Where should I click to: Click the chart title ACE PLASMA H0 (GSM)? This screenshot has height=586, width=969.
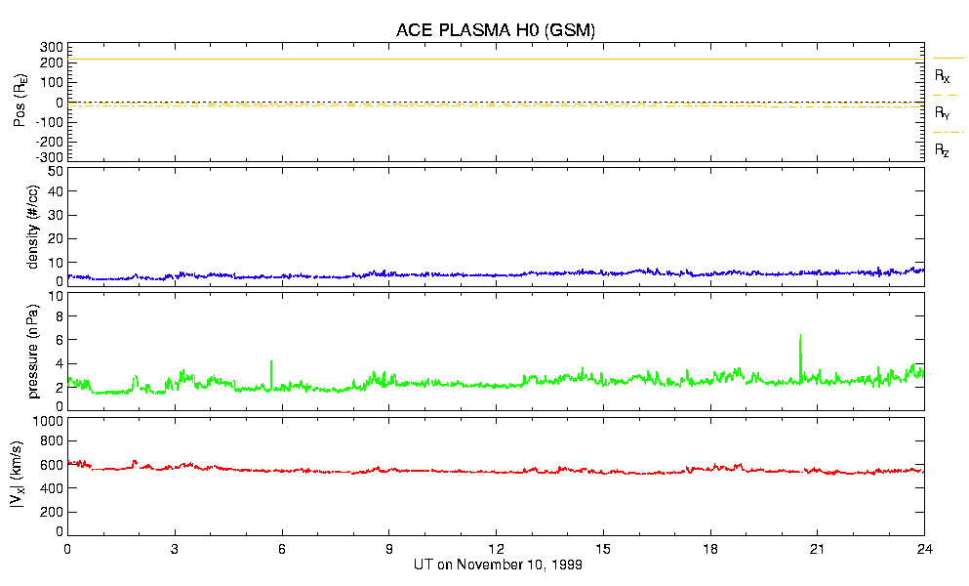[495, 30]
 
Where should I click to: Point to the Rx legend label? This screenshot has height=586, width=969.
[942, 75]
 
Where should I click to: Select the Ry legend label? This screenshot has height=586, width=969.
[942, 112]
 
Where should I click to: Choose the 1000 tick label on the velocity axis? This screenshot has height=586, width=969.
[48, 422]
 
